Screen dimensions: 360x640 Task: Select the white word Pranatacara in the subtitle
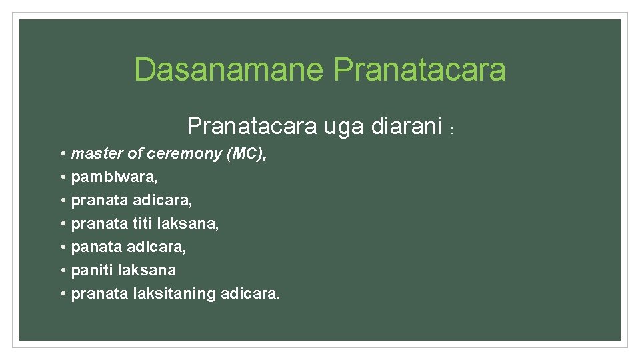[251, 125]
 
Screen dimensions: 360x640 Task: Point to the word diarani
[407, 125]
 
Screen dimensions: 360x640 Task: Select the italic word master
[97, 153]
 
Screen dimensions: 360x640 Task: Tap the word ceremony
[184, 154]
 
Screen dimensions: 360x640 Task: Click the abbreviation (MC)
[247, 154]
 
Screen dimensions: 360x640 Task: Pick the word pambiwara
[114, 177]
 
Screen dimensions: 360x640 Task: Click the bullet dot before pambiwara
[62, 177]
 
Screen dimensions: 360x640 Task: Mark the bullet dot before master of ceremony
[62, 154]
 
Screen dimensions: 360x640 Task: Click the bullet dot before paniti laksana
[62, 270]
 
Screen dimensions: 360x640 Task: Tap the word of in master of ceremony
[135, 153]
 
